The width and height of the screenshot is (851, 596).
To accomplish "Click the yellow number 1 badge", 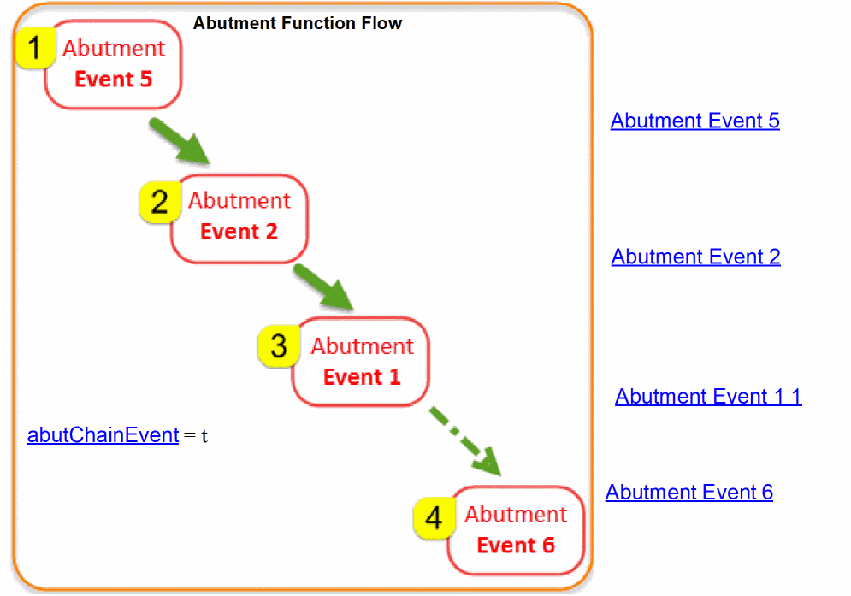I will (34, 49).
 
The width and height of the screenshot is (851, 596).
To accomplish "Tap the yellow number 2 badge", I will (159, 203).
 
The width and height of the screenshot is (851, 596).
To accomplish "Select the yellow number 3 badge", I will (279, 346).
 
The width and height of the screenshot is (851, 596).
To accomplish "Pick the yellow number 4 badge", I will (434, 518).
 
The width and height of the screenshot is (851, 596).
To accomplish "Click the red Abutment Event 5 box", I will (114, 64).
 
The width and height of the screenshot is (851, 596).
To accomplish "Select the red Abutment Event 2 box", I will (239, 217).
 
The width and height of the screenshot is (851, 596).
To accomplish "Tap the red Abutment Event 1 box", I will (361, 362).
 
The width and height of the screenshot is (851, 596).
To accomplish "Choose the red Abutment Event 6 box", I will (516, 530).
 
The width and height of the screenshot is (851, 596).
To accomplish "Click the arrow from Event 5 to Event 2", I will (179, 140).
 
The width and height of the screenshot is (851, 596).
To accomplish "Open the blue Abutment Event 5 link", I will (694, 121).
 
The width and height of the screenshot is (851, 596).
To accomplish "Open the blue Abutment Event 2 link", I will (695, 257).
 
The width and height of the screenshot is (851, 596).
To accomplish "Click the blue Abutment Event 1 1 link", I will (708, 397).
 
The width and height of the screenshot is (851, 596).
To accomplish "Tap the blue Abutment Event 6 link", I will (688, 493).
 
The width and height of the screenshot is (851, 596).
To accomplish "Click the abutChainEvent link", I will (103, 434).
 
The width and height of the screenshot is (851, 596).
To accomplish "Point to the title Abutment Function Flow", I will (297, 23).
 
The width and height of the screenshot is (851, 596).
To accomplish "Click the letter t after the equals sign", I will (204, 436).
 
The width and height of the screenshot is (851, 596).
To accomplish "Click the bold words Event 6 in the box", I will (516, 545).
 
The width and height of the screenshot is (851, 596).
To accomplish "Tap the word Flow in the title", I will (383, 23).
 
